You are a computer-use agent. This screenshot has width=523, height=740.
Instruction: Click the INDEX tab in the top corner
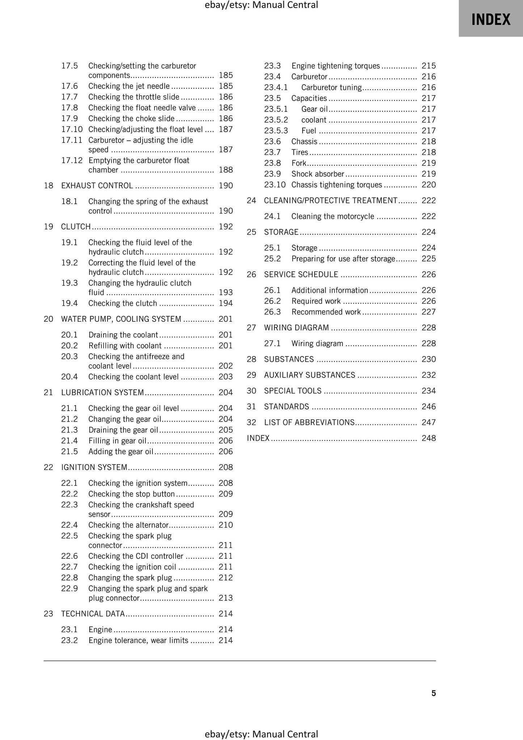[490, 19]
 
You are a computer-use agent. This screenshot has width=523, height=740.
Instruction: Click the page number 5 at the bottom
[433, 693]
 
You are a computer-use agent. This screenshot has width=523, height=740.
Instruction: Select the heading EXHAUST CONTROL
[97, 186]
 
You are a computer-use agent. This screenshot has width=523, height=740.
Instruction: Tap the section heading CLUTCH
[76, 227]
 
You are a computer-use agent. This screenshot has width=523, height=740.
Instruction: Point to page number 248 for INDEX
[429, 438]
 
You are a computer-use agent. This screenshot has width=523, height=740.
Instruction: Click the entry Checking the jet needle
[129, 86]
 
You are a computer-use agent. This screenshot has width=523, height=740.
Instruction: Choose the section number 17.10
[72, 129]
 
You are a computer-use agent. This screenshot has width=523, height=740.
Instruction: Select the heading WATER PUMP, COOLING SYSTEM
[121, 319]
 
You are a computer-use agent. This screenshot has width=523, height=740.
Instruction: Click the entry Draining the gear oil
[123, 430]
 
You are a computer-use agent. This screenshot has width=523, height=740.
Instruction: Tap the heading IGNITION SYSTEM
[94, 467]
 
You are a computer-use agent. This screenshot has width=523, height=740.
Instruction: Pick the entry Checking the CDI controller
[136, 556]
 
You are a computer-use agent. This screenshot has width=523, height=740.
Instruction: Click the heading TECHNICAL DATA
[93, 613]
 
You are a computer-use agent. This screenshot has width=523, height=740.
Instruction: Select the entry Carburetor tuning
[331, 87]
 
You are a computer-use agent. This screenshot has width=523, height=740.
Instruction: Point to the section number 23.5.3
[276, 131]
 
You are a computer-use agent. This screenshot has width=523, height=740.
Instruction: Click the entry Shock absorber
[317, 174]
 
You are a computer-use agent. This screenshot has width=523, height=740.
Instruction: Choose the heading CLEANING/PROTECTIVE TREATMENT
[330, 200]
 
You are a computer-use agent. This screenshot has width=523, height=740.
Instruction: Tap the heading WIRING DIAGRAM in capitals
[296, 327]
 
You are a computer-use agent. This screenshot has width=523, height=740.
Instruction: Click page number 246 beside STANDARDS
[429, 407]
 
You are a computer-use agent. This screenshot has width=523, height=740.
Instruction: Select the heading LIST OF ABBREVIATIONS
[309, 422]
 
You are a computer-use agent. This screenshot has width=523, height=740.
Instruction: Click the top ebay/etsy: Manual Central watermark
[261, 5]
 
